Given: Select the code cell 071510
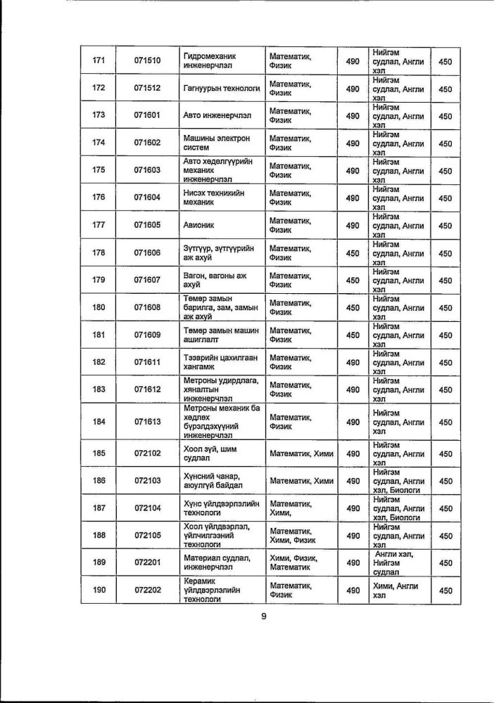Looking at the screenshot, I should coord(147,62).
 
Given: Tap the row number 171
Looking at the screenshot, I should coord(99,62).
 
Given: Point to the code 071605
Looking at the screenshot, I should coord(147,225).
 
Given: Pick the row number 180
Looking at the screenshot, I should coord(99,307).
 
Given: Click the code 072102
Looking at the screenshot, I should coord(147,453).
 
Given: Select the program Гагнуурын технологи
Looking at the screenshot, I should coord(221,89).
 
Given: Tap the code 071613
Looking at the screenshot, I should coord(147,422).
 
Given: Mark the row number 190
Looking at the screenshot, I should coord(99,591).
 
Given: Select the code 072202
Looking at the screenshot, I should coord(147,591).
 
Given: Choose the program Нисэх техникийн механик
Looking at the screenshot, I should coord(214,198).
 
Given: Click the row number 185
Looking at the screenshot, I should coord(99,453).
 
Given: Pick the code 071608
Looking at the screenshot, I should coord(147,307).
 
